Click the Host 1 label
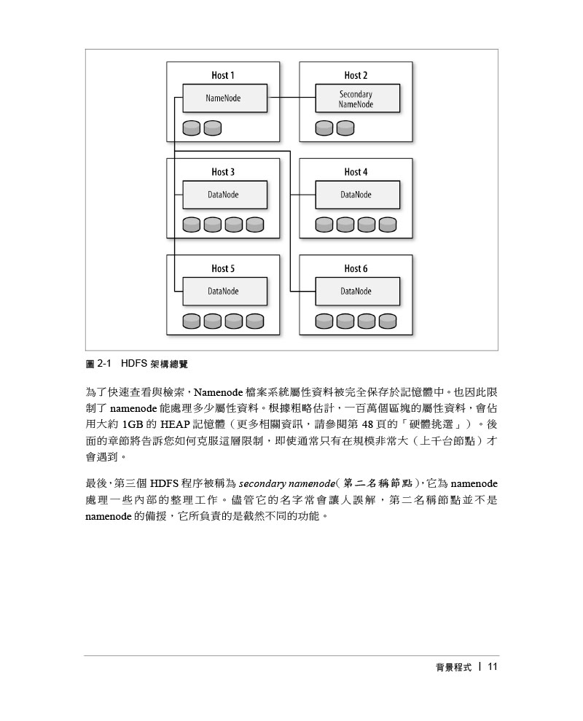223,75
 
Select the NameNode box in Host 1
225,98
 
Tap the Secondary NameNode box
357,98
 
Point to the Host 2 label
356,75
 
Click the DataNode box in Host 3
225,195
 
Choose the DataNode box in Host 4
357,195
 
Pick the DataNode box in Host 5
225,291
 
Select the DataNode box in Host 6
357,291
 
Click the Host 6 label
356,268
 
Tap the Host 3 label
223,172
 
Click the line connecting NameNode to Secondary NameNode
291,98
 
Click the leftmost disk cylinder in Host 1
191,128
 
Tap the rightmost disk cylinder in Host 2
345,128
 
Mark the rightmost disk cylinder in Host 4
388,225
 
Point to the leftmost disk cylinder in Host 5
191,321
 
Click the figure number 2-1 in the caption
104,364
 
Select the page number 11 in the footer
493,667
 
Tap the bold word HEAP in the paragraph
175,424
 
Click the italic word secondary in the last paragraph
262,484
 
